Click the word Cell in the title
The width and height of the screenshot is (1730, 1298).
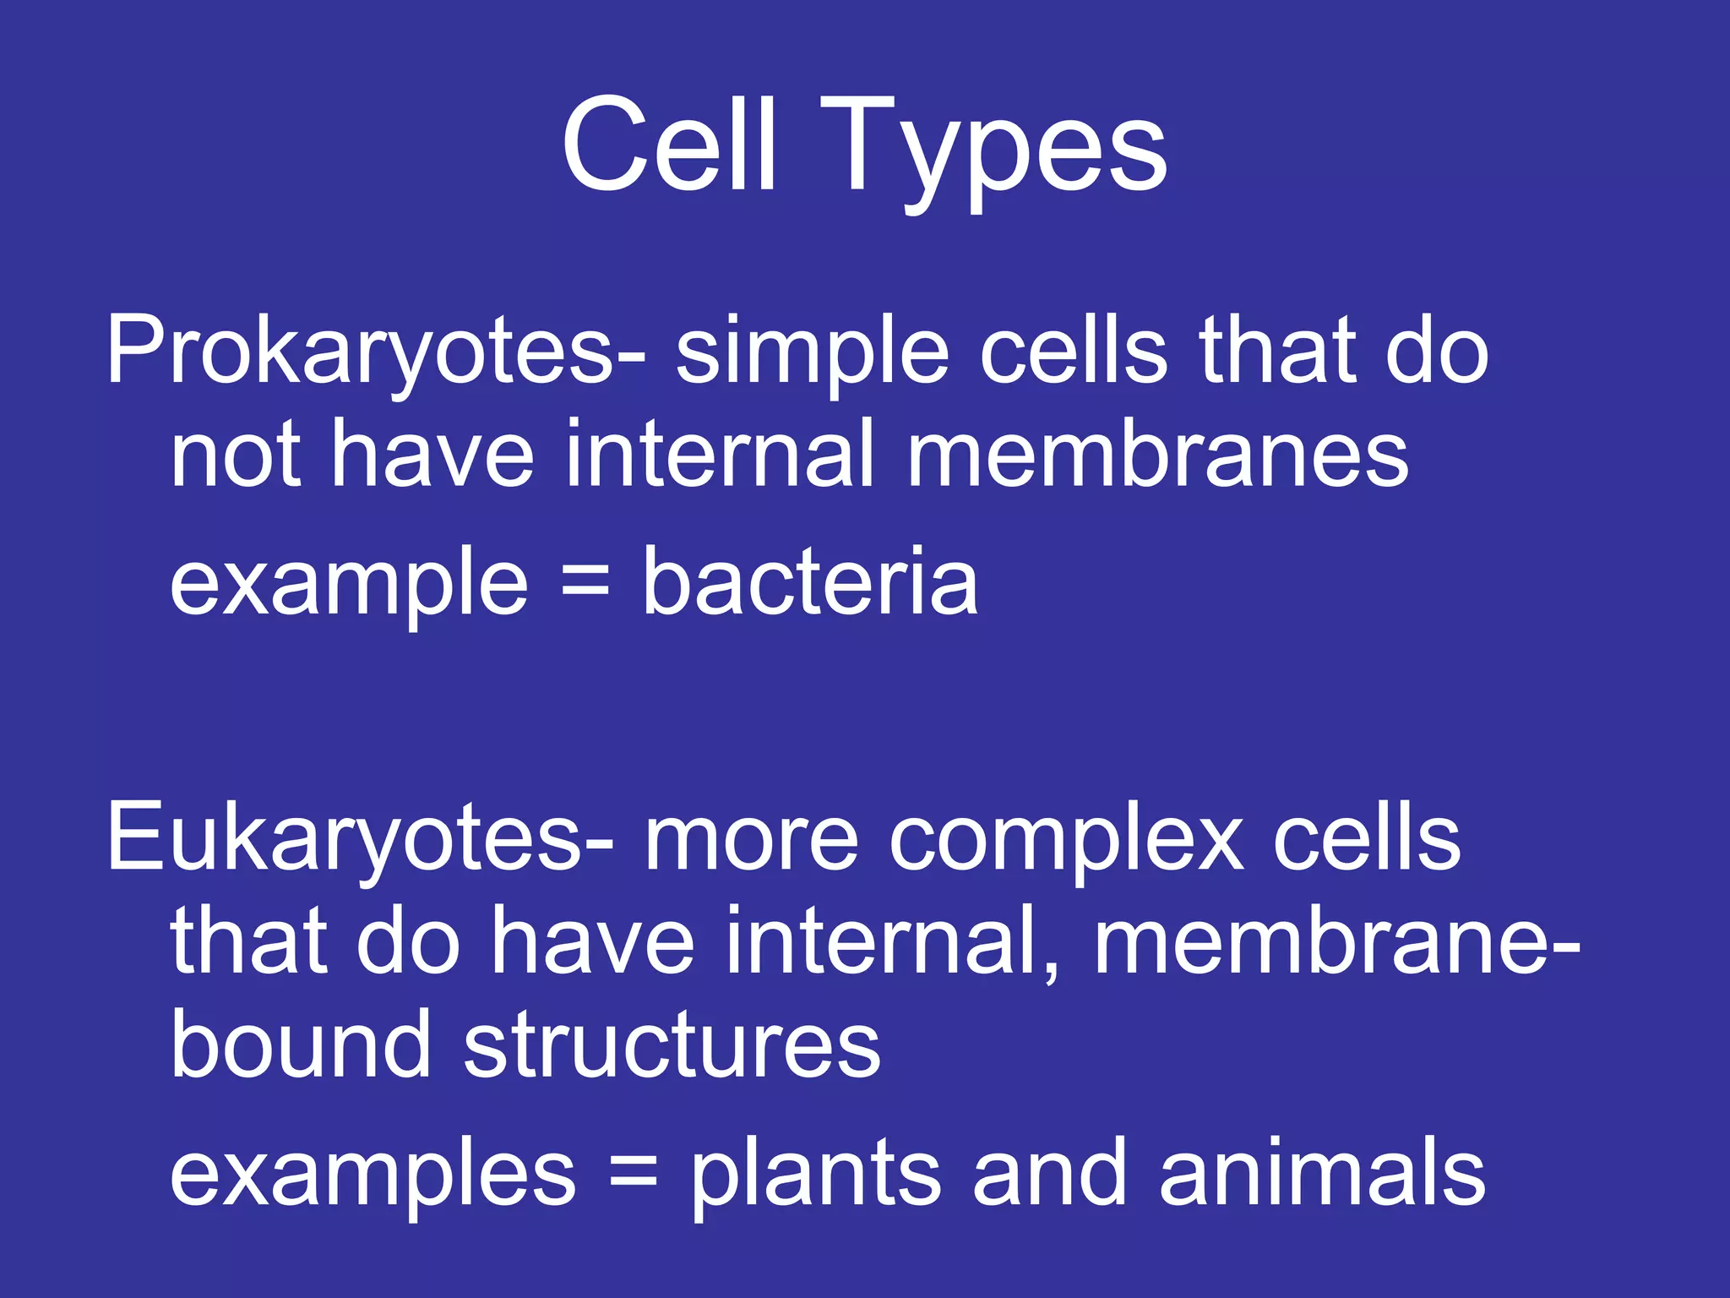pyautogui.click(x=667, y=145)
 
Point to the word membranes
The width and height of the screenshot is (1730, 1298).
pyautogui.click(x=1157, y=456)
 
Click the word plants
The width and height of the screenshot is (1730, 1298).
pyautogui.click(x=816, y=1175)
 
